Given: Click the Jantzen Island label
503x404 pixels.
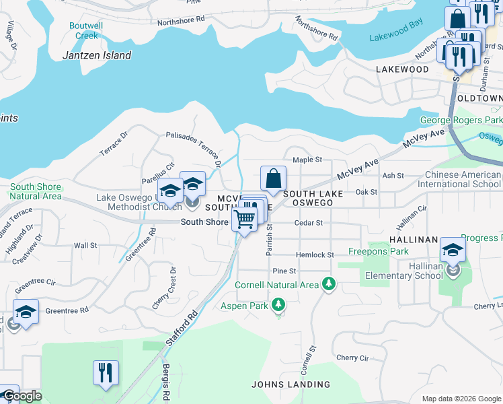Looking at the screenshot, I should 97,55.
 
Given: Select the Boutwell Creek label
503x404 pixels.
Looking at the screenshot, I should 86,31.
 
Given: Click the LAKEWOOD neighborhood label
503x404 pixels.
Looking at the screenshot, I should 402,69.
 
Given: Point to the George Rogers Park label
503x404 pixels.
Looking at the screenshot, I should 461,121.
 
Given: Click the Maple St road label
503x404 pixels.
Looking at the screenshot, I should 307,160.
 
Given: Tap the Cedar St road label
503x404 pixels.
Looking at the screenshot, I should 309,223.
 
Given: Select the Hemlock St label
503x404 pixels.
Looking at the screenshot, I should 315,255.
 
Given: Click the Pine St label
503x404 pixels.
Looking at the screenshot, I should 284,271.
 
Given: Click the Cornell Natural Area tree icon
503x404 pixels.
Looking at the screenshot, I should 328,284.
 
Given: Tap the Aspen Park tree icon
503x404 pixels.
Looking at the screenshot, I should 277,306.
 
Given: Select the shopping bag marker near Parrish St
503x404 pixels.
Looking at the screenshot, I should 273,179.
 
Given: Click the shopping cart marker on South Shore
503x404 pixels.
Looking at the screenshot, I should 245,217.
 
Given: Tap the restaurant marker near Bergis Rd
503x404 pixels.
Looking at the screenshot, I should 106,372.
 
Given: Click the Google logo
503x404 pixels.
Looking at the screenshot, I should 22,395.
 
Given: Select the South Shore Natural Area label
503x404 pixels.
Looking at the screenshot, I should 36,191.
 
